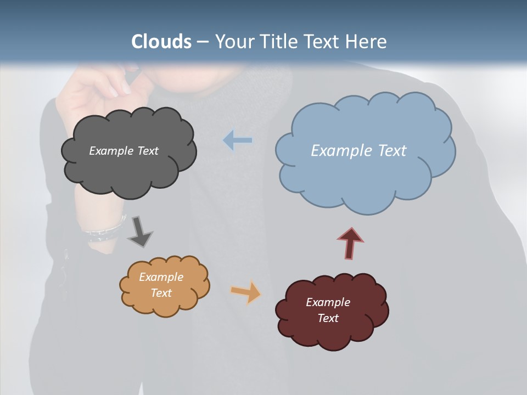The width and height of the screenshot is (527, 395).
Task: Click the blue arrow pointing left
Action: coord(238,140)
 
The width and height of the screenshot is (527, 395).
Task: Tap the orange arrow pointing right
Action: coord(246,292)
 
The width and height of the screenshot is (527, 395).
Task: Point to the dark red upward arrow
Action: coord(350,243)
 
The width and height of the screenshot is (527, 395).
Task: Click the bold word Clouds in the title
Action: coord(161,42)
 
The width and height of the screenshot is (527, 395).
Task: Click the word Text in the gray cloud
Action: coord(147,151)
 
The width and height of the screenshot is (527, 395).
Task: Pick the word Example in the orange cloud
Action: coord(161,277)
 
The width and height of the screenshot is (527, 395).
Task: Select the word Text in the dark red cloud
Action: coord(328,318)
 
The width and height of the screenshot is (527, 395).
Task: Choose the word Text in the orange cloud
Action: coord(161,293)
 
